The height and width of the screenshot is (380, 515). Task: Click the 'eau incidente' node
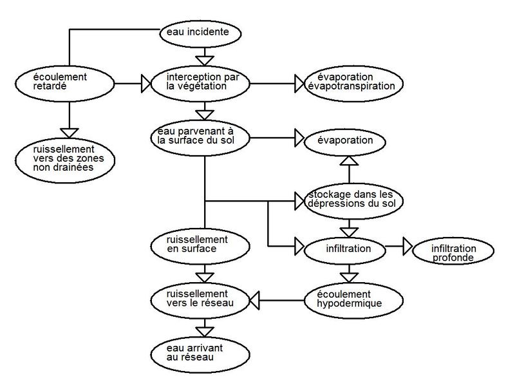[200, 33]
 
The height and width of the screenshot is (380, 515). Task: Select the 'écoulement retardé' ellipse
[65, 84]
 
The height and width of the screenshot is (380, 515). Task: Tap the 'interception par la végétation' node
[200, 84]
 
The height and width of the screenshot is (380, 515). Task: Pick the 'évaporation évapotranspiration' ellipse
[353, 84]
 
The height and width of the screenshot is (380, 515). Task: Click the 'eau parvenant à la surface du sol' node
[200, 138]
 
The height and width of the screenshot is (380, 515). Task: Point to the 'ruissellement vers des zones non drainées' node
[65, 160]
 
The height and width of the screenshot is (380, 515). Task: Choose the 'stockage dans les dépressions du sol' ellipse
[353, 201]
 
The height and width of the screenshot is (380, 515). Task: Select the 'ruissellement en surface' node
[200, 246]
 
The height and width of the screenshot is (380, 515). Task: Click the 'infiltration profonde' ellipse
[453, 251]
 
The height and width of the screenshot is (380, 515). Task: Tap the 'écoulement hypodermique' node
[353, 300]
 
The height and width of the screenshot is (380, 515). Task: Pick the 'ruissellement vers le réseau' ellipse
[200, 300]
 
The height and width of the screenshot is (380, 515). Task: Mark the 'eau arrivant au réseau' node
[200, 355]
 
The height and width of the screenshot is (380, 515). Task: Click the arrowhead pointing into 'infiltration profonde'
[407, 246]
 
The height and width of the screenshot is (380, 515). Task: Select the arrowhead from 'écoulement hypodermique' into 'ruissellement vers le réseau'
[254, 300]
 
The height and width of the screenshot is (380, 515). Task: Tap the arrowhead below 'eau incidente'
[205, 61]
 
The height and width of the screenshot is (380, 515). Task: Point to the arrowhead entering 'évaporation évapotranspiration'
[299, 84]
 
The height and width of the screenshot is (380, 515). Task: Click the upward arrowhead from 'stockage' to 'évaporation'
[349, 160]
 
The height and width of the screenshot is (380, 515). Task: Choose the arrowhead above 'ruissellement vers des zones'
[70, 133]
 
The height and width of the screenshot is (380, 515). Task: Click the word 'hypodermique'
[349, 303]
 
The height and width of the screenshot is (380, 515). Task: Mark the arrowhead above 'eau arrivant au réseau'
[205, 332]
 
